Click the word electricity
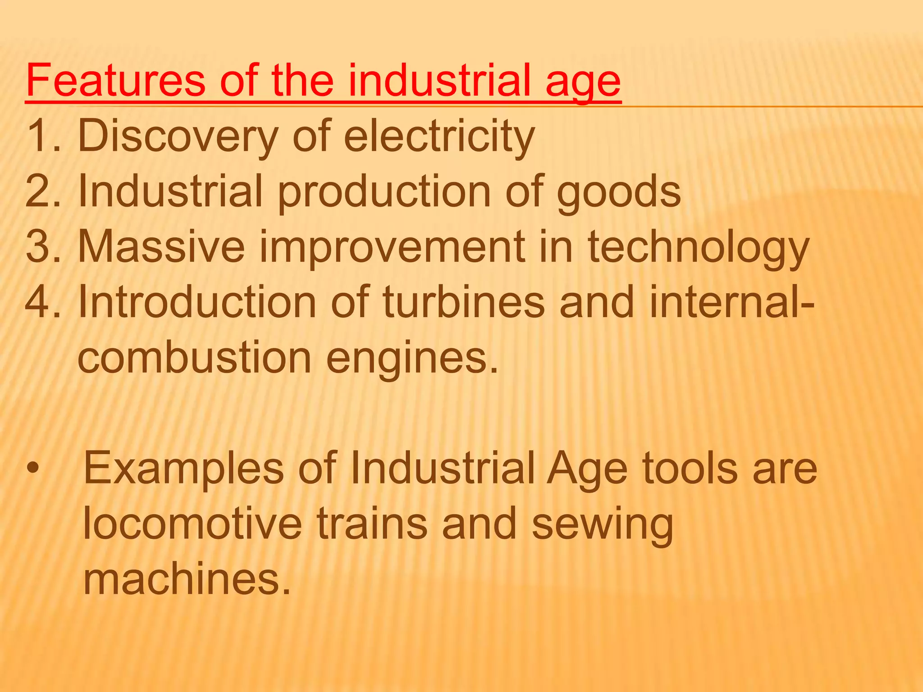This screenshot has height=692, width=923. (x=439, y=137)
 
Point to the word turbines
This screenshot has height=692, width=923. (x=464, y=302)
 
